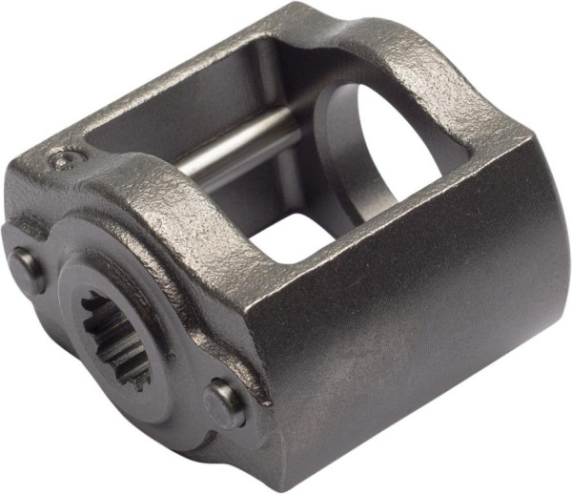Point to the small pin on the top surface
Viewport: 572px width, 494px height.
66,159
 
